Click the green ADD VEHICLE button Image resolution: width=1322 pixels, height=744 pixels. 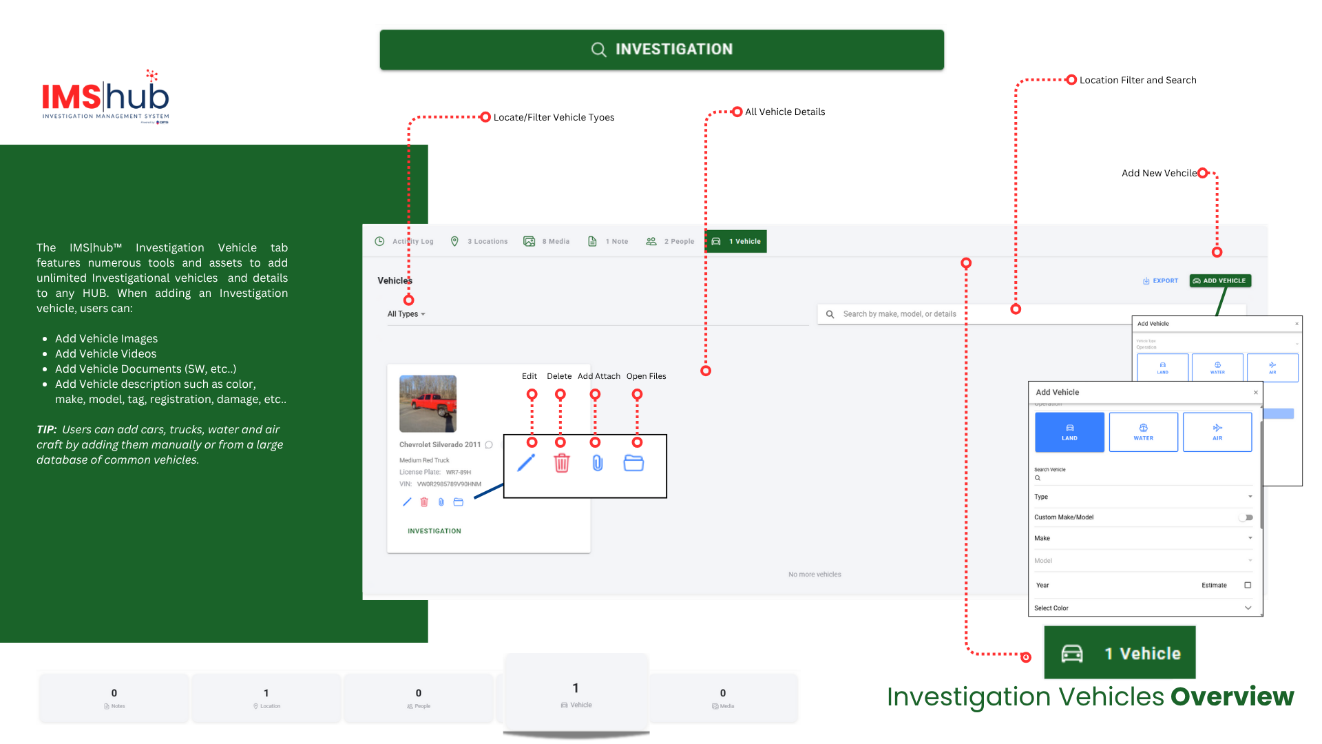click(1219, 280)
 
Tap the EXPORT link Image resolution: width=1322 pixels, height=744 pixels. click(1160, 280)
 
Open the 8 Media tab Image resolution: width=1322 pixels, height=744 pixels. click(547, 241)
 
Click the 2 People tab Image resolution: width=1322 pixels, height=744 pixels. click(670, 241)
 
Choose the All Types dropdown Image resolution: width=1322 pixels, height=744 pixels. click(406, 314)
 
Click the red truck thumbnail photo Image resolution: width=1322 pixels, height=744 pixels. click(428, 404)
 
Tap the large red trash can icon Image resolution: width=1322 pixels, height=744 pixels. click(562, 463)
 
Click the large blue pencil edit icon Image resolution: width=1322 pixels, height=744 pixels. click(526, 463)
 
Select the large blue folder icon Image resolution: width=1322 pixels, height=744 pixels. click(633, 463)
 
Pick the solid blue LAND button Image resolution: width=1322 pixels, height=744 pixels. click(1069, 432)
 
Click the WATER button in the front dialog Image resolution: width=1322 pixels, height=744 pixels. click(1143, 432)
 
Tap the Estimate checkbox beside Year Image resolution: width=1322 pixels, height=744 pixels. click(1248, 585)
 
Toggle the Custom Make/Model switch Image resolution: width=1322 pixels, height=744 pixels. click(1246, 517)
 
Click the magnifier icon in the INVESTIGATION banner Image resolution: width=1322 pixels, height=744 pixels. click(598, 50)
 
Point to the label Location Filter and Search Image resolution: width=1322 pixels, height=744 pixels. click(1137, 80)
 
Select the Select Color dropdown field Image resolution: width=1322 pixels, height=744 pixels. click(1143, 608)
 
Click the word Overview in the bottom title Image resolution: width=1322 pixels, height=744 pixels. click(1232, 696)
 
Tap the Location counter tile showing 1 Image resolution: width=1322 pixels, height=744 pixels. click(266, 697)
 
